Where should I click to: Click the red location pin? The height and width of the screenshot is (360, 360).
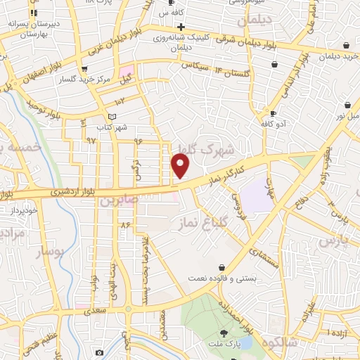(x=181, y=167)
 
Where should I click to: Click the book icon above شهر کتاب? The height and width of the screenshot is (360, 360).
(x=111, y=117)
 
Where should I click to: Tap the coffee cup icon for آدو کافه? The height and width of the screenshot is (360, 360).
(x=273, y=112)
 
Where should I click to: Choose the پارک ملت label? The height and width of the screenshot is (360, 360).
(x=224, y=345)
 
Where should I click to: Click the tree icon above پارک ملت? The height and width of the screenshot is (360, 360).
(x=224, y=333)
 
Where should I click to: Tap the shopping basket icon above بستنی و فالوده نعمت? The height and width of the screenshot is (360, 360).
(x=222, y=268)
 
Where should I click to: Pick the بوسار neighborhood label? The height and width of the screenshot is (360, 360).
(x=49, y=250)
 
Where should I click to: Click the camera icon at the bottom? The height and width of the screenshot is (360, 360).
(x=99, y=352)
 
